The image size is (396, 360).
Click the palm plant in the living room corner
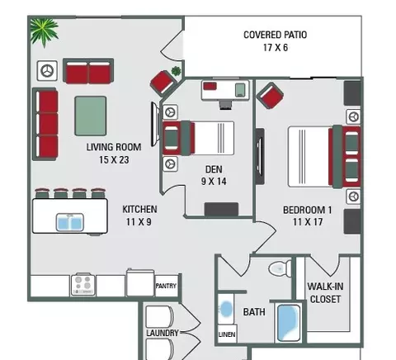44,31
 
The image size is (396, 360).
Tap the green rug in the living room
91,116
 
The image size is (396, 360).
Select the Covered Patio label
276,35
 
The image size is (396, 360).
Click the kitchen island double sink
70,222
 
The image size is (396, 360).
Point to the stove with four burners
83,285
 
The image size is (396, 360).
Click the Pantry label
166,286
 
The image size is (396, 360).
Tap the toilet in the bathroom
280,268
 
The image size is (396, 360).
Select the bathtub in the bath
289,323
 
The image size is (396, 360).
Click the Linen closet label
227,334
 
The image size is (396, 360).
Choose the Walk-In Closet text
325,292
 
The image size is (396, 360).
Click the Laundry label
163,333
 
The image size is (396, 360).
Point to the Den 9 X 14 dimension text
214,182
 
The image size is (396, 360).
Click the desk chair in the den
226,105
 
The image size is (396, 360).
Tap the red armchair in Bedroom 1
270,96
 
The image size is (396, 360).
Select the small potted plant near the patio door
176,71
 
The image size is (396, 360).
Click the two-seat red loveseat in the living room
88,71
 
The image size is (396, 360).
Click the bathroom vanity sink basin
227,308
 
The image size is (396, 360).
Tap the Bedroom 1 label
308,210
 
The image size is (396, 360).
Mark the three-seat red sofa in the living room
45,124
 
